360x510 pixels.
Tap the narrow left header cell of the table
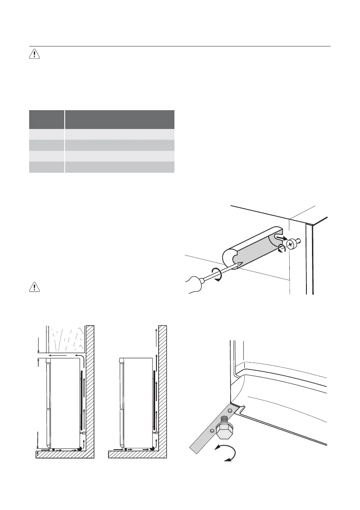(46, 120)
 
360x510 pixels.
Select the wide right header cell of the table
(120, 120)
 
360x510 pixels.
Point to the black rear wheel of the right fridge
(152, 449)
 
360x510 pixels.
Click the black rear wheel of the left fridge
(80, 449)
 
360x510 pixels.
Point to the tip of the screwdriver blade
(242, 264)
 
